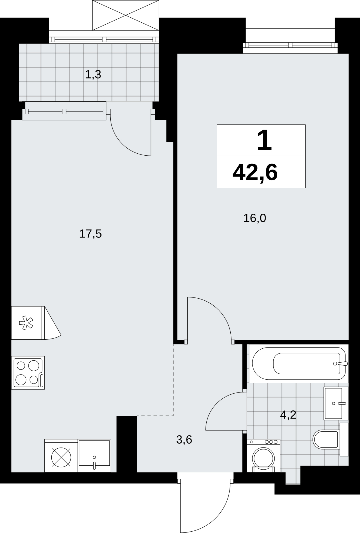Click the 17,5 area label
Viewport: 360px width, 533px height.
pyautogui.click(x=90, y=234)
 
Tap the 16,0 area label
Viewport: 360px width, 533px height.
pyautogui.click(x=254, y=218)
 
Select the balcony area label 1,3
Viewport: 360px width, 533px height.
pyautogui.click(x=93, y=75)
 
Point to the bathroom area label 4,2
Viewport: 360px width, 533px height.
pyautogui.click(x=288, y=415)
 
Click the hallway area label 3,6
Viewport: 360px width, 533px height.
pyautogui.click(x=184, y=440)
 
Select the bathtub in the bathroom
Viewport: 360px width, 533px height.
pyautogui.click(x=299, y=364)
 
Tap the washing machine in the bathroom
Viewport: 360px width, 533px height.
pyautogui.click(x=263, y=455)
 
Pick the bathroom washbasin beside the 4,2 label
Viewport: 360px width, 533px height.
pyautogui.click(x=336, y=403)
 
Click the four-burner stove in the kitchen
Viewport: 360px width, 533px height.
pyautogui.click(x=28, y=373)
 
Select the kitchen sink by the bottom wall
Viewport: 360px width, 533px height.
pyautogui.click(x=94, y=455)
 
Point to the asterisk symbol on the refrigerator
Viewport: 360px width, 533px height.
pyautogui.click(x=26, y=323)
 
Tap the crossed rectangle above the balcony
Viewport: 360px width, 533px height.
pyautogui.click(x=126, y=15)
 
